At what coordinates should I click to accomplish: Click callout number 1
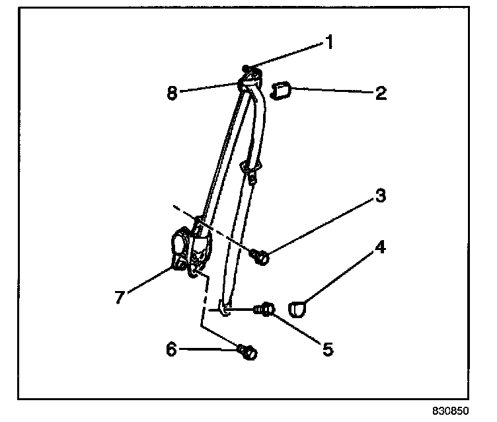click(326, 43)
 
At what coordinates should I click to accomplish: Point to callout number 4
click(381, 249)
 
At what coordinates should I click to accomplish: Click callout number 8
click(172, 93)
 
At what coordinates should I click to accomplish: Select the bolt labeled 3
click(260, 256)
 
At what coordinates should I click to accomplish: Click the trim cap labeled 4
click(299, 308)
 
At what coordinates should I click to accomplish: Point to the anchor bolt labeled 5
click(267, 308)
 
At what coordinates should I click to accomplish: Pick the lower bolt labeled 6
click(249, 353)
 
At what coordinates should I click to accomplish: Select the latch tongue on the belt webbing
click(250, 171)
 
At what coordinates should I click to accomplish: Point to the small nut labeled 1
click(246, 68)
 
